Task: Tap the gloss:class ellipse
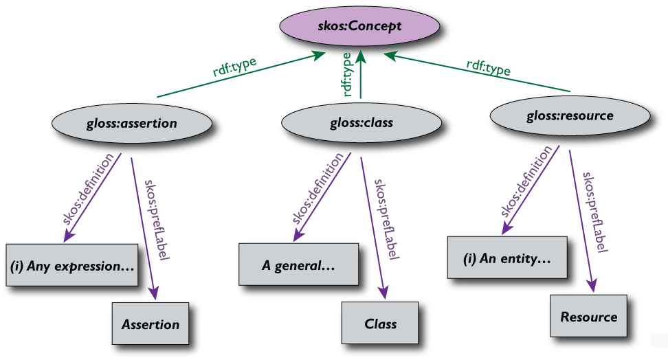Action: pos(356,124)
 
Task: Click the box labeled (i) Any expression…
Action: pos(71,264)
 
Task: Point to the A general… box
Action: pos(299,265)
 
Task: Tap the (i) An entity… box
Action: pos(507,259)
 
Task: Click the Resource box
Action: pos(588,317)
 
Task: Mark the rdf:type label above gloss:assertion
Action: pos(234,69)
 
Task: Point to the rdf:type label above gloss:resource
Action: pos(489,69)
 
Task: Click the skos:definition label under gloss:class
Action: pos(316,195)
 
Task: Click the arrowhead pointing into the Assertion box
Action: pos(157,295)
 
